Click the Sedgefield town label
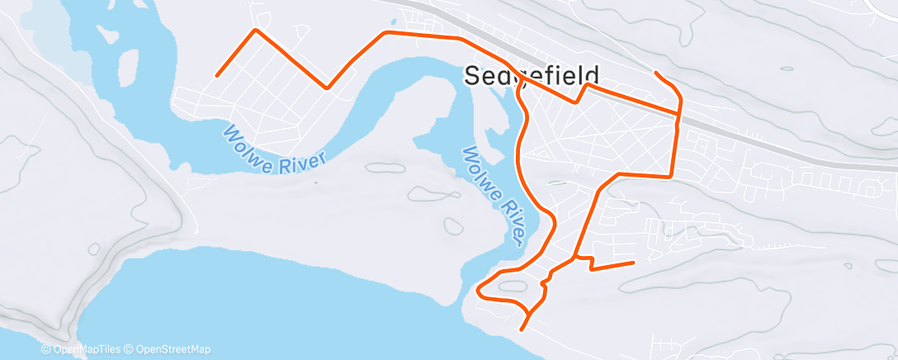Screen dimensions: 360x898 click(x=530, y=75)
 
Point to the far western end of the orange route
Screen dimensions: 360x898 click(x=216, y=76)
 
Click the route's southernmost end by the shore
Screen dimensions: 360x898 click(x=522, y=329)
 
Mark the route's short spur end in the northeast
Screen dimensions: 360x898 click(x=655, y=73)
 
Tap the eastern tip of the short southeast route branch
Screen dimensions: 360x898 click(x=633, y=263)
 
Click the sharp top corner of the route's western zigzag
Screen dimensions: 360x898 click(x=256, y=30)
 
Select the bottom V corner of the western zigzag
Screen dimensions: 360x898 click(x=328, y=87)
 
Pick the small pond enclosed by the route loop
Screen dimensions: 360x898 click(x=512, y=287)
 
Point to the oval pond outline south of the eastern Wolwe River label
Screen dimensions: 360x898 click(x=451, y=225)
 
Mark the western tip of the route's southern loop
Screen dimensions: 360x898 click(x=479, y=289)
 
